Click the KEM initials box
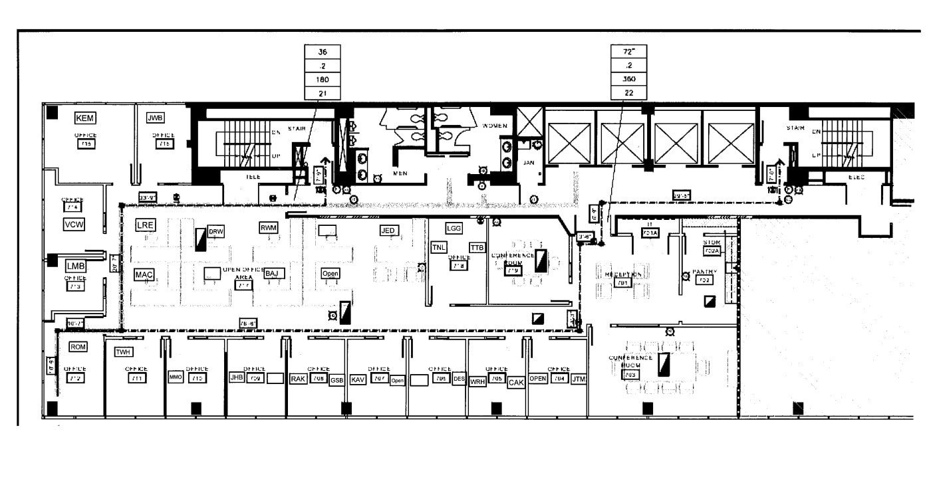[85, 118]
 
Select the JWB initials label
[155, 118]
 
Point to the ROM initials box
[78, 346]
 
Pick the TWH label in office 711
[124, 352]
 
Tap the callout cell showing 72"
[628, 51]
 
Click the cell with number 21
[322, 93]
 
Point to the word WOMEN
[495, 126]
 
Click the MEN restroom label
[400, 173]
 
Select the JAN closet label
[529, 161]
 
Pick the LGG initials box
[454, 228]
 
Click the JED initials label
[388, 231]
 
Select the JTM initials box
[579, 379]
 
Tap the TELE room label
[253, 177]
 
